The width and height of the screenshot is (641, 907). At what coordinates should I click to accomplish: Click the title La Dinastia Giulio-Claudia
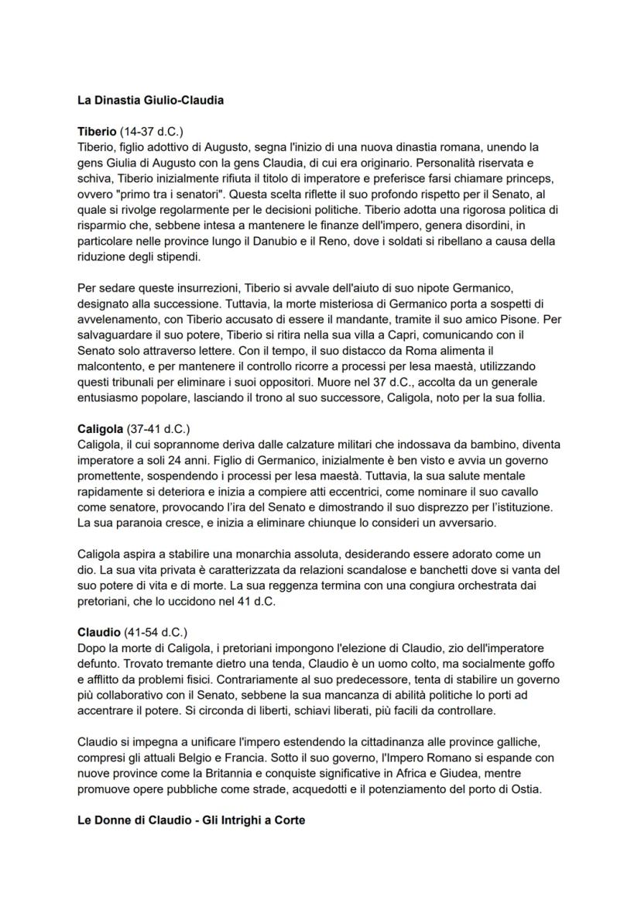pyautogui.click(x=151, y=100)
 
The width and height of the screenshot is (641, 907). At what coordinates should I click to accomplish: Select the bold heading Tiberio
pyautogui.click(x=97, y=131)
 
